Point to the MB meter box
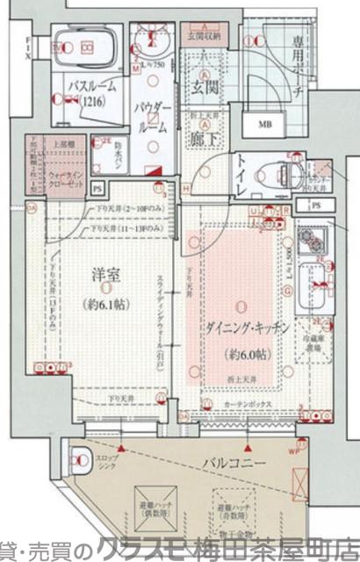[x=263, y=125]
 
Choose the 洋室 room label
[x=104, y=275]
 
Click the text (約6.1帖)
[x=105, y=305]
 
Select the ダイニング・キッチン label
[x=233, y=327]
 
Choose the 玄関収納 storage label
[x=205, y=38]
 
